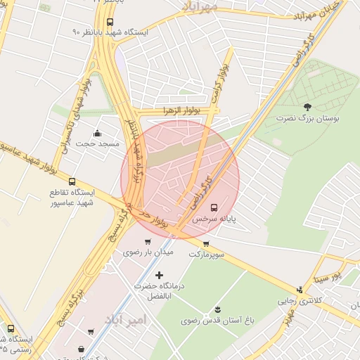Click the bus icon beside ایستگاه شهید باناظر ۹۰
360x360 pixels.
(x=110, y=22)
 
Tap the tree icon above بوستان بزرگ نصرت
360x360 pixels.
(x=307, y=107)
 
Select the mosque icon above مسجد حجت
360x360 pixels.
(x=97, y=133)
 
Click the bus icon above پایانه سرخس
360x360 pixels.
(x=214, y=207)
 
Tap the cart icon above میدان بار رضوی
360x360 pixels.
(x=147, y=242)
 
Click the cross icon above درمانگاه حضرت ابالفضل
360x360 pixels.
(x=159, y=275)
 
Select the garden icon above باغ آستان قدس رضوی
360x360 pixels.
(x=217, y=309)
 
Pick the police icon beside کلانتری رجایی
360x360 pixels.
(x=300, y=289)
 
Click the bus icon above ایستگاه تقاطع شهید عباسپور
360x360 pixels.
(x=72, y=181)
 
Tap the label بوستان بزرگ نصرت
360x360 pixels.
(x=308, y=119)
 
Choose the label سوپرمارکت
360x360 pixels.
(x=206, y=254)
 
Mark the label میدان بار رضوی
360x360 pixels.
(x=148, y=252)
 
